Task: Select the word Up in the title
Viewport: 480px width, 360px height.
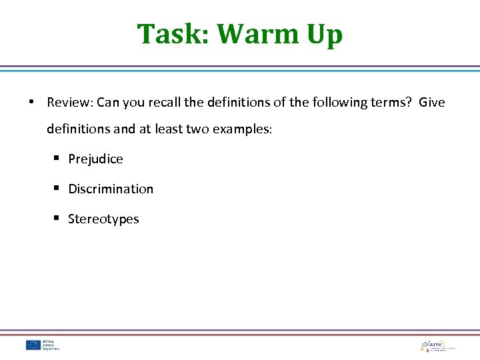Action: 324,35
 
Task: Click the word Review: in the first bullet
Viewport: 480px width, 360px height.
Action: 70,103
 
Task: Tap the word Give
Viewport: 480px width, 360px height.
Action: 432,103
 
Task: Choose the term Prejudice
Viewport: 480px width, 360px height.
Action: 95,159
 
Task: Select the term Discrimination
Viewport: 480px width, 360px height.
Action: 111,189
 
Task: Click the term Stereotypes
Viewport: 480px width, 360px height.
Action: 103,219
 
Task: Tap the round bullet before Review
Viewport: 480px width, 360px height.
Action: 31,103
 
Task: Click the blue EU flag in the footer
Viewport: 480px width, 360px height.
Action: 33,345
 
